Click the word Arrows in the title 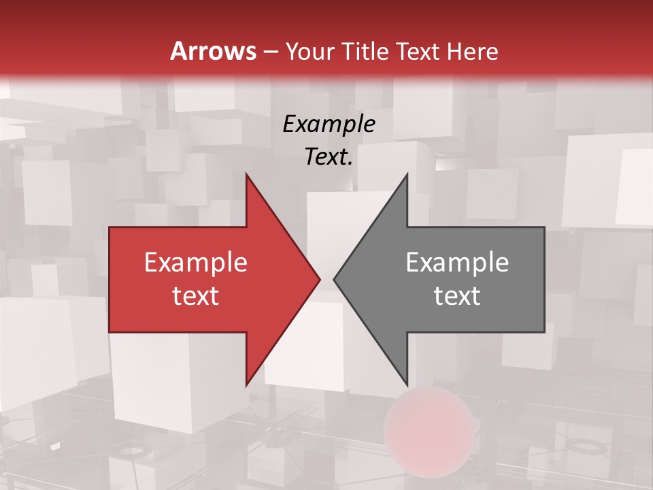pos(213,51)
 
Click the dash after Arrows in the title pos(271,52)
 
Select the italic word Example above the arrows pos(329,124)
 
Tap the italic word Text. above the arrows pos(329,157)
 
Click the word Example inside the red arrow pos(196,263)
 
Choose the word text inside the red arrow pos(196,296)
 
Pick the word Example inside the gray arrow pos(457,263)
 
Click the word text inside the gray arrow pos(457,296)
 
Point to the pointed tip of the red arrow pos(319,279)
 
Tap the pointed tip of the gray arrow pos(335,279)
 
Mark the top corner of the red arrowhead pos(246,174)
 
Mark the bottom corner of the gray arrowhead pos(407,385)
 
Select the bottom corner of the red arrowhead pos(246,385)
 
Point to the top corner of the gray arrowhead pos(407,174)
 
